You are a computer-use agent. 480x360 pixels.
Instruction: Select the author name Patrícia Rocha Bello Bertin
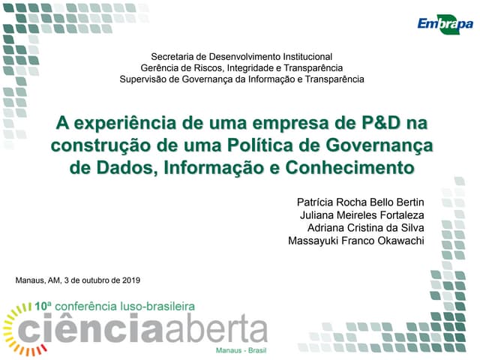361,203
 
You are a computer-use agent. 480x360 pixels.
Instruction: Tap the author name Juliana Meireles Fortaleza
362,216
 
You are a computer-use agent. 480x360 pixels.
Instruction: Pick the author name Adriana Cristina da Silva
366,228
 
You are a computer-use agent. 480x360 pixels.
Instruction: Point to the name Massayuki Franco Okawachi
356,241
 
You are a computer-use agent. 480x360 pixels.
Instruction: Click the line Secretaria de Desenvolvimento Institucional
241,56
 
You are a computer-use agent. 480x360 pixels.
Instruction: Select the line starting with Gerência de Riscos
241,67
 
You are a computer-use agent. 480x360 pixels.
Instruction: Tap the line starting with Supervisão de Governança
241,79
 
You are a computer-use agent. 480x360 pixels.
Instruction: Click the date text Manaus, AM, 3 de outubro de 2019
77,280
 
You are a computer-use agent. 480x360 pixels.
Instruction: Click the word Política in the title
281,144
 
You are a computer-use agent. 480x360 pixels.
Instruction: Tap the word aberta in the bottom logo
217,329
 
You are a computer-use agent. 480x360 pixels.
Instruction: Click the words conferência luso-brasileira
126,307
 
